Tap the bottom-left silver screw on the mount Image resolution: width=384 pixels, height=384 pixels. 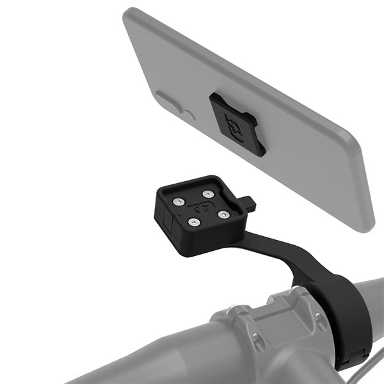pyautogui.click(x=192, y=222)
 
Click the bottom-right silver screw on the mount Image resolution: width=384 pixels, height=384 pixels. pyautogui.click(x=223, y=214)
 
